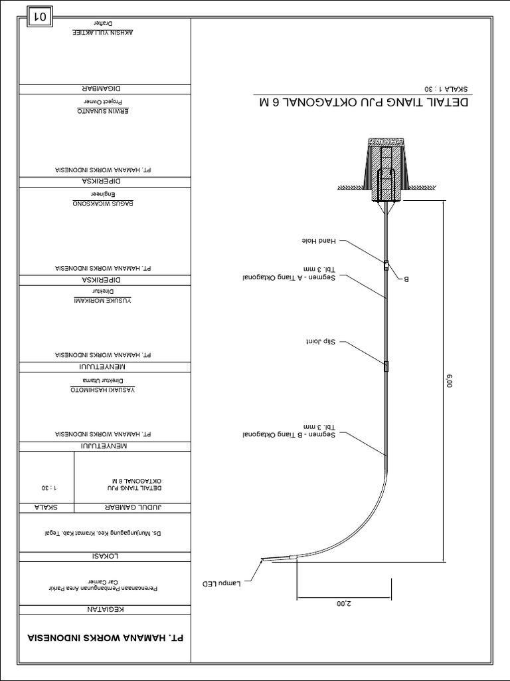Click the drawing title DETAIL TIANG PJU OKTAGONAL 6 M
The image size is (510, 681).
(x=364, y=103)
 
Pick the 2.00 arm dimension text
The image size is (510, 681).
(x=343, y=603)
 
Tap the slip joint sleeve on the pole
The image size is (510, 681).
(x=385, y=365)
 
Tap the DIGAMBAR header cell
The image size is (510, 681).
(x=104, y=89)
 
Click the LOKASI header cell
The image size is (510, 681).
(x=104, y=557)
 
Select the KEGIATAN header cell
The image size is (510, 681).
(x=104, y=610)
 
